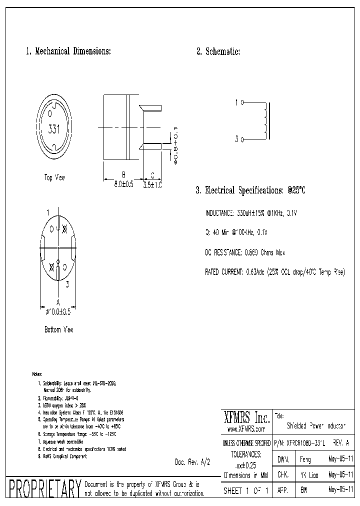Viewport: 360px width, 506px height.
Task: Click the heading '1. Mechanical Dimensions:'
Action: point(68,51)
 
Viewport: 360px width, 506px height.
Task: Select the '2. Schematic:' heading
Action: point(218,51)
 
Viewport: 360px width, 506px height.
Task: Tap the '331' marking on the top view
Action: point(54,129)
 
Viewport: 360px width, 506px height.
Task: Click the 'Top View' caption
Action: point(54,177)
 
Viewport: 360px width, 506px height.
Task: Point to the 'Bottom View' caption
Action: point(59,329)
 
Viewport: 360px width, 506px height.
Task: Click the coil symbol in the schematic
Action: point(264,121)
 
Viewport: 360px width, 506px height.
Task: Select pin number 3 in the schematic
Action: point(236,139)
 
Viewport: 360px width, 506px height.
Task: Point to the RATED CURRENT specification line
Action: point(275,272)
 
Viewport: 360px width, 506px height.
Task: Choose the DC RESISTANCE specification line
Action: point(245,252)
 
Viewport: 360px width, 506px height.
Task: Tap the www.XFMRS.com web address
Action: point(245,429)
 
